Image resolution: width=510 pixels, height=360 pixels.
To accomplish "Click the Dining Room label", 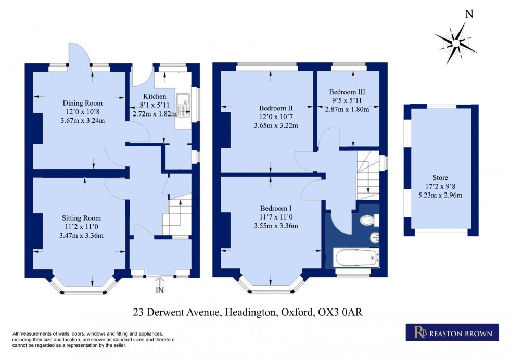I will click(83, 103).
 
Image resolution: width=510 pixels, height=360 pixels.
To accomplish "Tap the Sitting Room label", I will click(81, 218).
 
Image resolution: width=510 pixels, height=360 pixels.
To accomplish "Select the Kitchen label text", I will click(155, 97).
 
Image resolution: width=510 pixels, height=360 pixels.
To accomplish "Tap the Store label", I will click(440, 178).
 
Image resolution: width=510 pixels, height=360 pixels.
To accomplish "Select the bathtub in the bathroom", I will click(356, 257).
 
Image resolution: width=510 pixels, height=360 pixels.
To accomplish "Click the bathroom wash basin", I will click(374, 238).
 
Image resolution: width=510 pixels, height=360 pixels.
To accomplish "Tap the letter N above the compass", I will click(468, 15).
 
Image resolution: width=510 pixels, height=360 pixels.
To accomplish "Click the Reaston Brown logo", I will click(449, 332).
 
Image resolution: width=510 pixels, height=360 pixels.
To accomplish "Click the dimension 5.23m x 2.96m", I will click(440, 195).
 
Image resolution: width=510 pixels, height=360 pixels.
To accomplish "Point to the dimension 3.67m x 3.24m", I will click(83, 121).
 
